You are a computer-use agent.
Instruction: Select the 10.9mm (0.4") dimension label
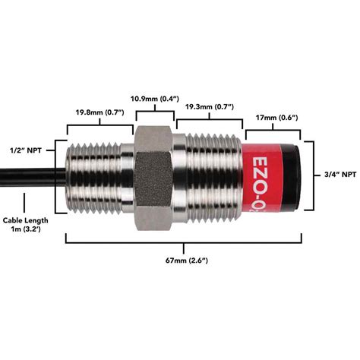coord(155,99)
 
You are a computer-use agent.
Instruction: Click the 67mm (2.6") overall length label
coord(185,261)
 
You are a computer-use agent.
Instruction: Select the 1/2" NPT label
coord(25,150)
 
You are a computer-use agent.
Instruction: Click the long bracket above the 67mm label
coord(185,242)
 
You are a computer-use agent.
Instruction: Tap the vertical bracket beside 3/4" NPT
coord(314,174)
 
